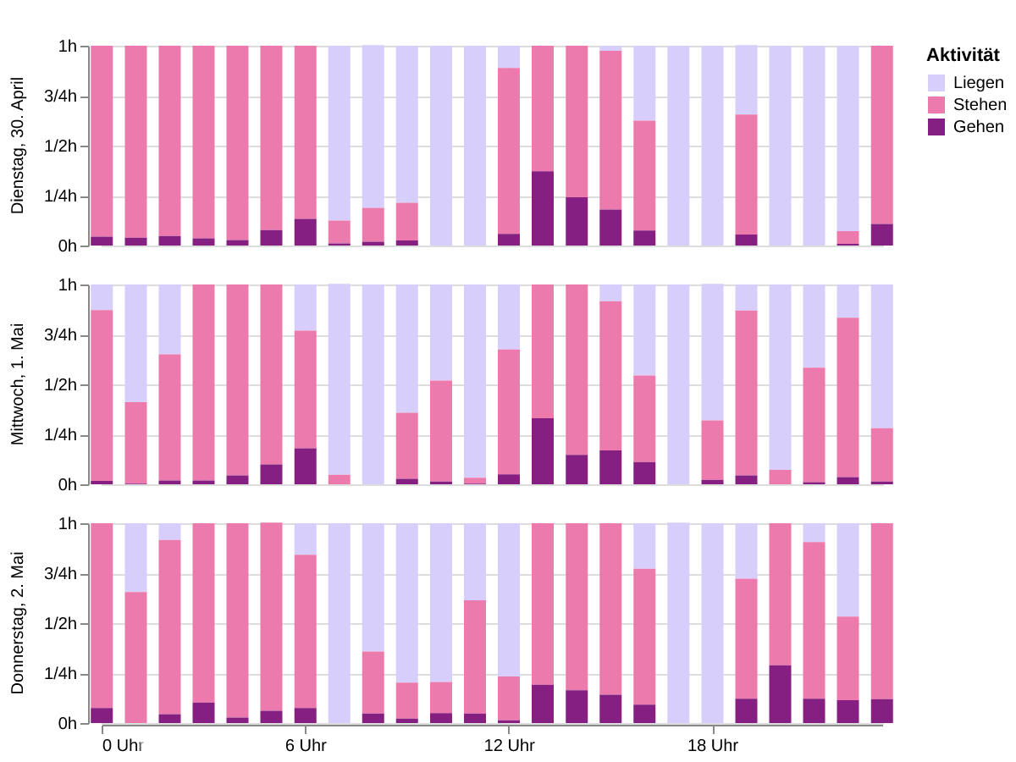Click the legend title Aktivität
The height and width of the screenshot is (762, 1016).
[x=963, y=56]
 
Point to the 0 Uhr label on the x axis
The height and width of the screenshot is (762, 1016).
[x=123, y=746]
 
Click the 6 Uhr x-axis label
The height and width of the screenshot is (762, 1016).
[x=306, y=746]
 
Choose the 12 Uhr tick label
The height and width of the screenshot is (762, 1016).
[x=509, y=746]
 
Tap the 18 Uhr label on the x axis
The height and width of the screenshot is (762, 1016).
[x=712, y=746]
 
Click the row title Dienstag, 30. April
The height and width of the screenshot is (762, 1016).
[x=18, y=146]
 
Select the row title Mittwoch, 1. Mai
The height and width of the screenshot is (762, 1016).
[x=18, y=384]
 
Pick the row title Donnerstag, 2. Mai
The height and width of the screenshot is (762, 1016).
[x=18, y=623]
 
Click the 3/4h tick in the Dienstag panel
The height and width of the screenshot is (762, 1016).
[x=61, y=97]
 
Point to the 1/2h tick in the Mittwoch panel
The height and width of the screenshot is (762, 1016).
[x=61, y=385]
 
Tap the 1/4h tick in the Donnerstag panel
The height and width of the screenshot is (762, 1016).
[x=61, y=675]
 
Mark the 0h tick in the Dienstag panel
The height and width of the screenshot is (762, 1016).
[x=68, y=246]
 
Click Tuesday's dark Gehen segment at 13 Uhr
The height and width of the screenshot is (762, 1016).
[x=543, y=208]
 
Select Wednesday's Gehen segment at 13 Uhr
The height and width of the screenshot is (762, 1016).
[x=543, y=451]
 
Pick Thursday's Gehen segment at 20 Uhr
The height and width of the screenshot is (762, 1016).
[x=780, y=694]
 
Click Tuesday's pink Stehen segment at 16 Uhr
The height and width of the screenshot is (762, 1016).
[x=644, y=175]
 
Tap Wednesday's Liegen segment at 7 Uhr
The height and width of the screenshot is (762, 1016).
[x=340, y=379]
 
